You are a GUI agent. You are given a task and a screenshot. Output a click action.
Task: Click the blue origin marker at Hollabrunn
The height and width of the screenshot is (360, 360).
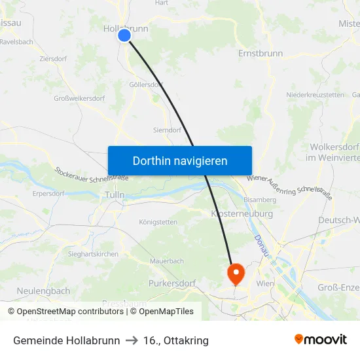click(x=124, y=35)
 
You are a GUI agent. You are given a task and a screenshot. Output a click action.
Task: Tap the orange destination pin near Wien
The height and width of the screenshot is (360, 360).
click(x=234, y=272)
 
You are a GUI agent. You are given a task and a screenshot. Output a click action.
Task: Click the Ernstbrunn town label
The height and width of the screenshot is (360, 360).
click(x=261, y=53)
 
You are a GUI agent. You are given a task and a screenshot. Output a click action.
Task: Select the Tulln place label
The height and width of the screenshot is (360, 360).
click(x=115, y=195)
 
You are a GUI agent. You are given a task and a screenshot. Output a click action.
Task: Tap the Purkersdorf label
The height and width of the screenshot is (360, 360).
click(x=172, y=283)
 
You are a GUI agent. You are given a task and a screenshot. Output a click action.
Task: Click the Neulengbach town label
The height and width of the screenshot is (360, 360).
click(x=43, y=291)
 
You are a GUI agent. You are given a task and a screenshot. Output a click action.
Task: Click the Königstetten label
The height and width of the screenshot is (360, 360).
click(x=158, y=222)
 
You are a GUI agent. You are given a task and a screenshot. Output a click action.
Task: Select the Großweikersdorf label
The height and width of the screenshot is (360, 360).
click(x=79, y=99)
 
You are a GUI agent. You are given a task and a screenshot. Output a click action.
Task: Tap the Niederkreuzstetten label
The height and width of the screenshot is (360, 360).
click(x=315, y=95)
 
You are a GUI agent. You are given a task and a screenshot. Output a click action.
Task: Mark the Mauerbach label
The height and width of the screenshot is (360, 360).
click(x=166, y=261)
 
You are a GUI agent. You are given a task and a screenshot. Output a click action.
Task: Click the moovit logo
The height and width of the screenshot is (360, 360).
click(x=320, y=340)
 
